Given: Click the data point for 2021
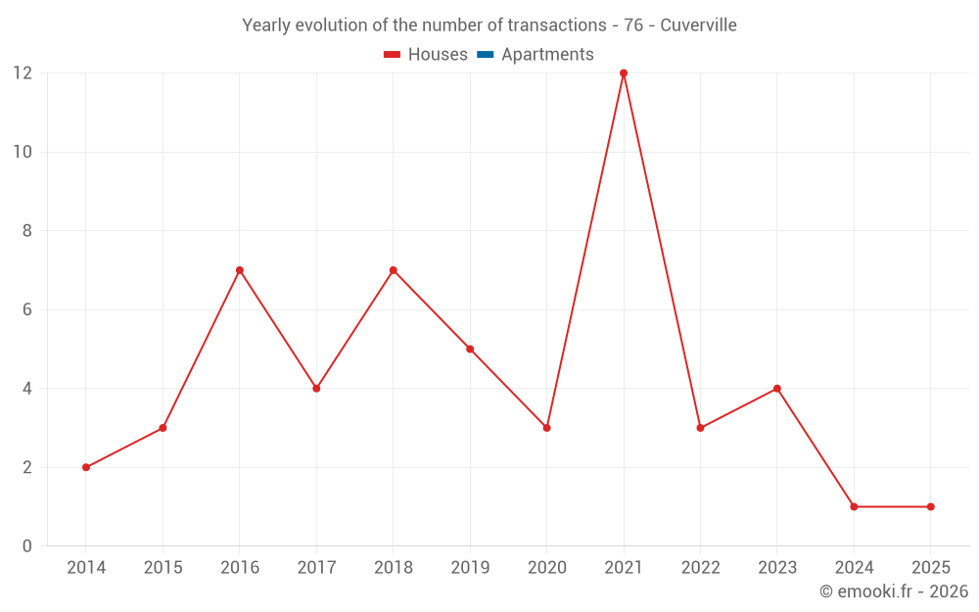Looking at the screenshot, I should [x=624, y=73].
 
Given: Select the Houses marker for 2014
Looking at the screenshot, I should [x=86, y=467].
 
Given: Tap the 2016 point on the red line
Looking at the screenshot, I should [x=240, y=270].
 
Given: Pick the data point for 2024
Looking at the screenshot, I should [x=854, y=506].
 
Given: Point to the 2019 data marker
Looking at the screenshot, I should [x=470, y=349].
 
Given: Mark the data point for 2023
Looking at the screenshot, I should [x=777, y=389].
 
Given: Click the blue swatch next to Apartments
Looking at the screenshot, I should [x=485, y=55].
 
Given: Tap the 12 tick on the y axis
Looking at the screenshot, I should [x=23, y=73].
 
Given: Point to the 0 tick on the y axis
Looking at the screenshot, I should [x=27, y=546].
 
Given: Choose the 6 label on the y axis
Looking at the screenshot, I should [x=27, y=309].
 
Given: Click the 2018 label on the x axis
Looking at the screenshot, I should [x=394, y=568].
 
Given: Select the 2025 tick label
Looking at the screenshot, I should [x=930, y=568].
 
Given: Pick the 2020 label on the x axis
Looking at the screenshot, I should [x=547, y=568].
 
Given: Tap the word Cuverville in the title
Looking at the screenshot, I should [x=698, y=25].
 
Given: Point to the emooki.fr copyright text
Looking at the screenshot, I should [x=894, y=591].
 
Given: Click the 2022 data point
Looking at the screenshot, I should [x=700, y=428].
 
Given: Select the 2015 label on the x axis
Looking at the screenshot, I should [x=163, y=568].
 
